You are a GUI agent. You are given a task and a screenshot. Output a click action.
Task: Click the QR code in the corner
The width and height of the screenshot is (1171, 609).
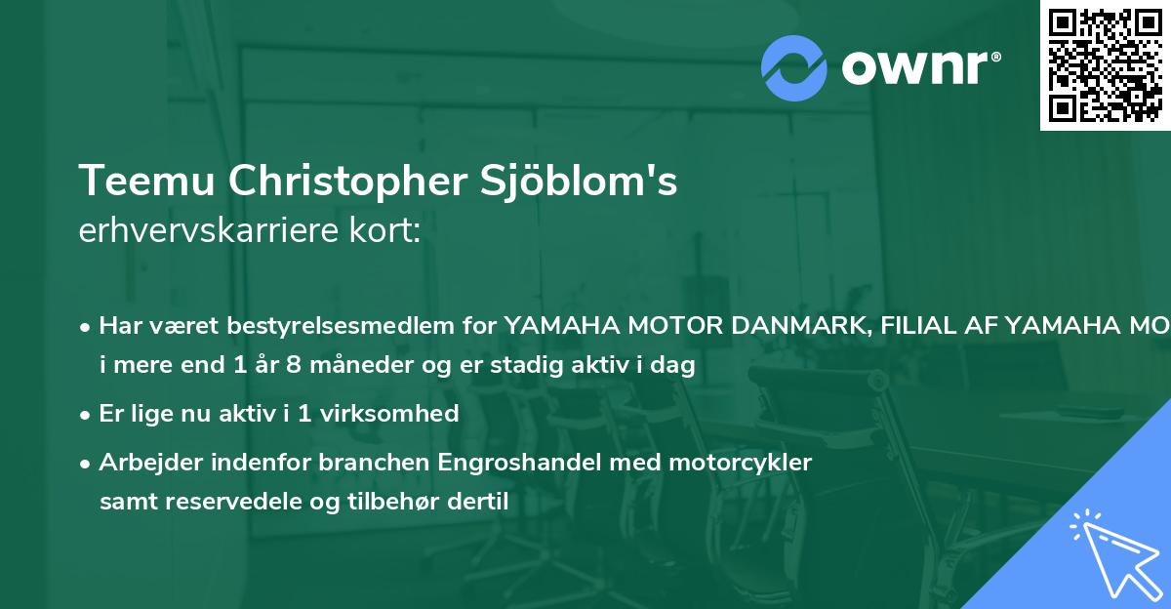point(1106,64)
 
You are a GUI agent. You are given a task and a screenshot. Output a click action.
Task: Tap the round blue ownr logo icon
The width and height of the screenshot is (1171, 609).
point(794,67)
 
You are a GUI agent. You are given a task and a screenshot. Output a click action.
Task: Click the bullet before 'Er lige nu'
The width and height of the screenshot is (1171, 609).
point(87,414)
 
